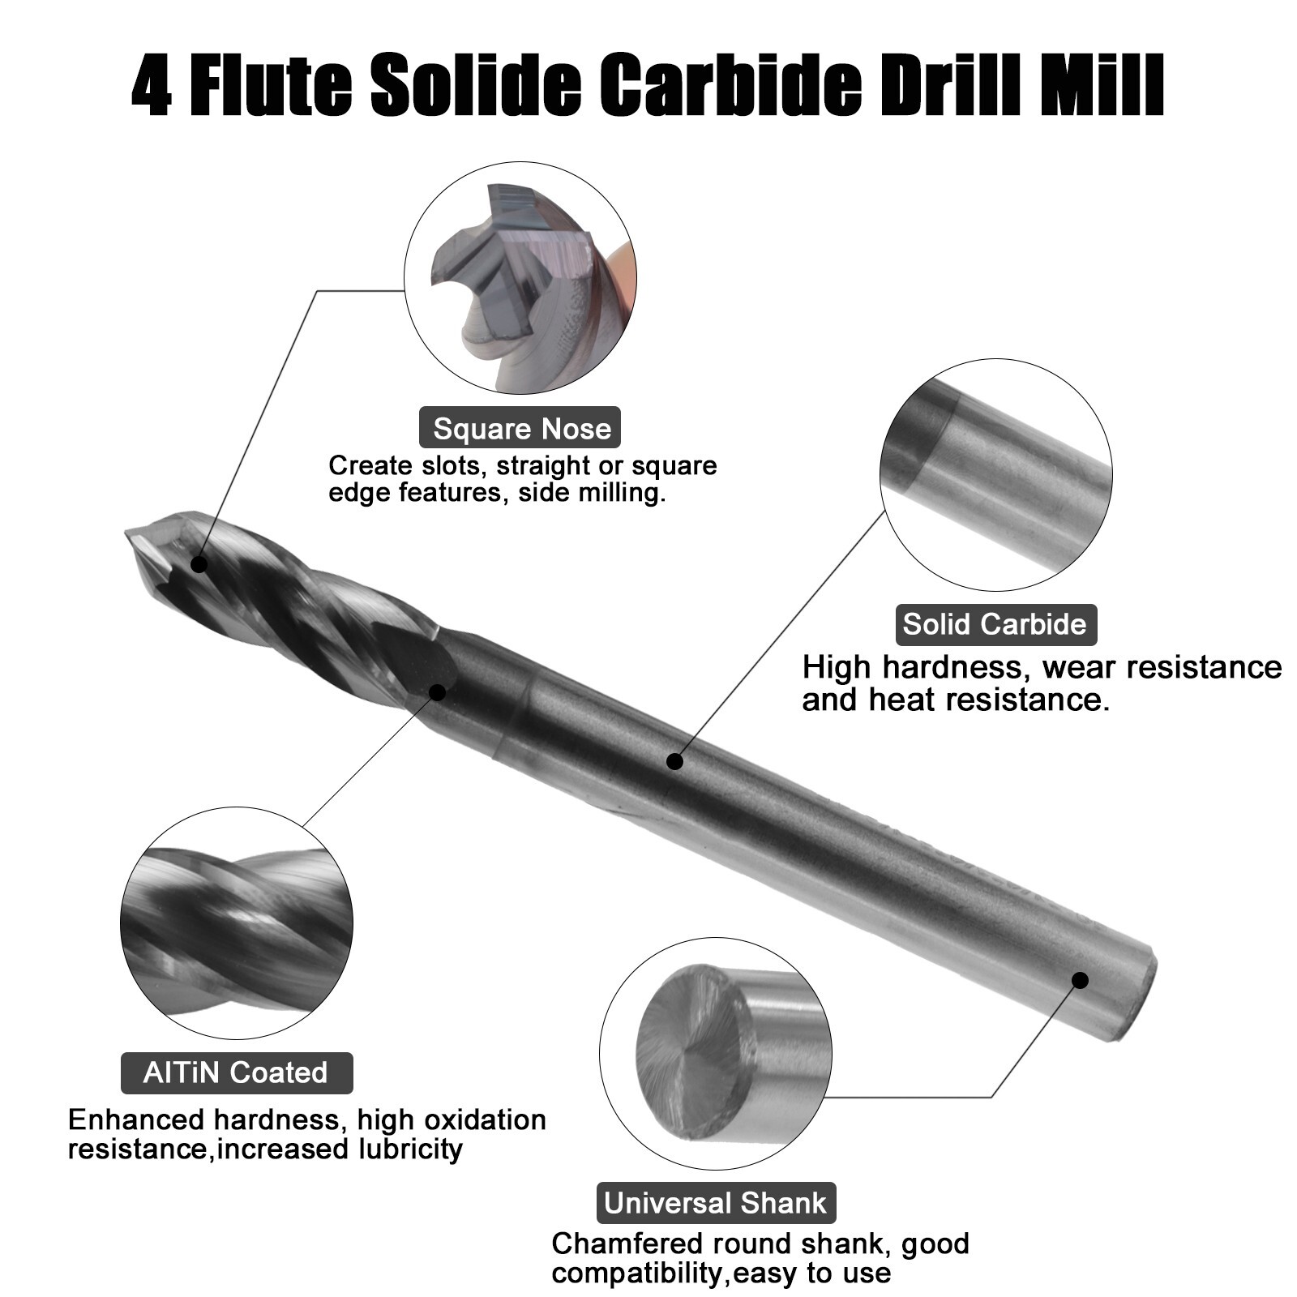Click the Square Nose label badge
pos(520,428)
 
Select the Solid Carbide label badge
pos(995,623)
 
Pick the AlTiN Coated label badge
pos(236,1072)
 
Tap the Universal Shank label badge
pos(716,1202)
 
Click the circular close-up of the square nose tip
pos(520,277)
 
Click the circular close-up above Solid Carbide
pos(995,475)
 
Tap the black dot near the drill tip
pos(199,564)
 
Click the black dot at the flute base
pos(438,692)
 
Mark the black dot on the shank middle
pos(674,760)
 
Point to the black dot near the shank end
pos(1080,980)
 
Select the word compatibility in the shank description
pos(637,1273)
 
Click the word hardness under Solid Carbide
pos(957,667)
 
